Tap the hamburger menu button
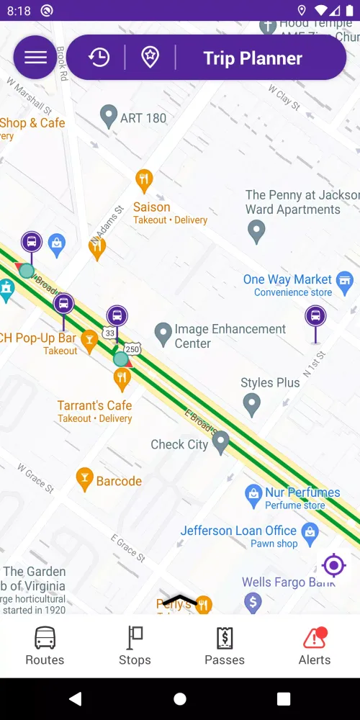[x=35, y=58]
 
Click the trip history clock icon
[x=99, y=58]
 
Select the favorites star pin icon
[x=150, y=58]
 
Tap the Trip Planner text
[x=253, y=58]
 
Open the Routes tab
[x=45, y=646]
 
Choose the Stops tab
[x=135, y=646]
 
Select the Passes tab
[x=225, y=646]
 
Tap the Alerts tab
[x=315, y=646]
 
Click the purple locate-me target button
[x=334, y=565]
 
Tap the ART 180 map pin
[x=109, y=116]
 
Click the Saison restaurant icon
[x=144, y=180]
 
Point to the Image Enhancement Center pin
[x=163, y=333]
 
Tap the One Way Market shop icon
[x=345, y=279]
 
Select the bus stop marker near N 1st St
[x=315, y=316]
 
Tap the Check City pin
[x=220, y=441]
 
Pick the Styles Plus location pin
[x=251, y=403]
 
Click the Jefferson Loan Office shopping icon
[x=310, y=533]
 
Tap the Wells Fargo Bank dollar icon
[x=253, y=601]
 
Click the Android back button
[x=75, y=698]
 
